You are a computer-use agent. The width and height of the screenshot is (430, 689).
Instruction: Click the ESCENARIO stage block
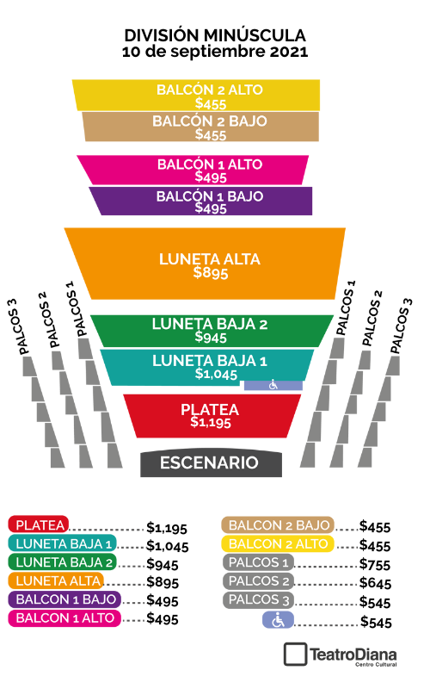[x=211, y=463]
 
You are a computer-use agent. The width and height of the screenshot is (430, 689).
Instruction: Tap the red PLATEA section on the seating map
[x=212, y=416]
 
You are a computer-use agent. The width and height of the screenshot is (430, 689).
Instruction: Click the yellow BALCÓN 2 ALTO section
[x=196, y=95]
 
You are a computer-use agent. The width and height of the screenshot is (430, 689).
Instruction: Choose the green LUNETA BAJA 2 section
[x=212, y=331]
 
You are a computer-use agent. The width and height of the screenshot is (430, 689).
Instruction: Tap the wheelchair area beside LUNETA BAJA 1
[x=273, y=385]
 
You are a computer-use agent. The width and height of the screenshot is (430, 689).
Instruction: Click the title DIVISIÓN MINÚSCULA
[x=215, y=35]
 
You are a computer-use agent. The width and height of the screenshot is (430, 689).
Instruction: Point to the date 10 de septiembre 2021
[x=215, y=52]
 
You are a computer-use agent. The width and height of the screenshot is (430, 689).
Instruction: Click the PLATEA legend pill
[x=39, y=525]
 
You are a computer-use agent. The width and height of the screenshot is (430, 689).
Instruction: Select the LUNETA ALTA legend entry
[x=56, y=580]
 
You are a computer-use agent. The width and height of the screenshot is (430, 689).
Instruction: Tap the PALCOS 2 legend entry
[x=259, y=580]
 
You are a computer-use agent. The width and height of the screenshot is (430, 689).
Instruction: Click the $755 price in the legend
[x=375, y=564]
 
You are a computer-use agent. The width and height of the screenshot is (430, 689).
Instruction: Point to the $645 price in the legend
[x=375, y=583]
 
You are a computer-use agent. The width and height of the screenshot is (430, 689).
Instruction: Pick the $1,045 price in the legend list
[x=167, y=546]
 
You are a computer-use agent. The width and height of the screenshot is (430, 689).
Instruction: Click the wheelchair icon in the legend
[x=278, y=620]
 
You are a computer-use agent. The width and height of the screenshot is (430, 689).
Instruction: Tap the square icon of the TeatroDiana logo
[x=295, y=655]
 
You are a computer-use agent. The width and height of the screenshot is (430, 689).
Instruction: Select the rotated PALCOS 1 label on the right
[x=345, y=308]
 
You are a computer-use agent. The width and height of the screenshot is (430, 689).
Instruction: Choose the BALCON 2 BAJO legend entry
[x=278, y=525]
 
